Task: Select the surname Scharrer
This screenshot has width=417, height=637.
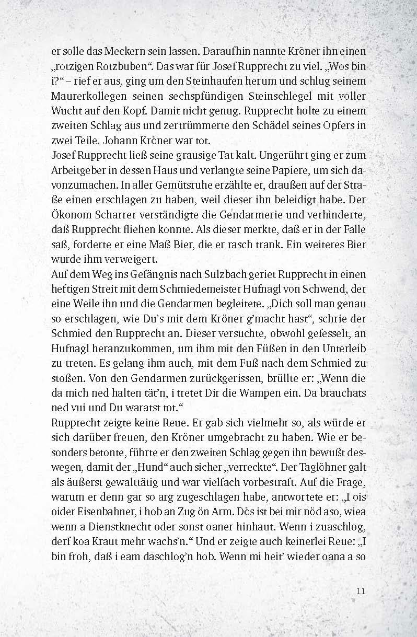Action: point(117,214)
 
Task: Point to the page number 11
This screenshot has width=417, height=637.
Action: point(360,592)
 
